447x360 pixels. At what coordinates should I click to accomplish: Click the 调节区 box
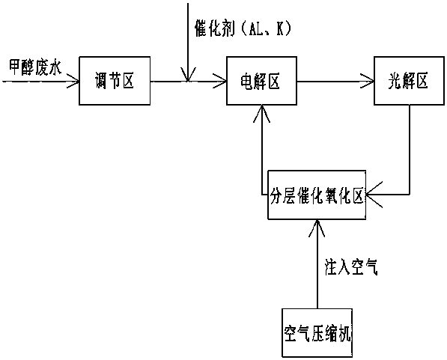tap(115, 81)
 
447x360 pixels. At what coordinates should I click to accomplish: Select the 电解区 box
tap(262, 81)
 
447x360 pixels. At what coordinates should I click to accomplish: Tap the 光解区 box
tap(409, 81)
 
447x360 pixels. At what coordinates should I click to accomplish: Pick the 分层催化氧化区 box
tap(317, 195)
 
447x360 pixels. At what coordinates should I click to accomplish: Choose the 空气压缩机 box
tap(317, 333)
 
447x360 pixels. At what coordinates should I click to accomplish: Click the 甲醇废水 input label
tap(34, 67)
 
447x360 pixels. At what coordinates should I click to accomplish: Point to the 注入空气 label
tap(351, 266)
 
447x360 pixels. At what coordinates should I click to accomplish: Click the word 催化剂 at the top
tap(215, 28)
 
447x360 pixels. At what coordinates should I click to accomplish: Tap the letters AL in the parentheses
tap(256, 28)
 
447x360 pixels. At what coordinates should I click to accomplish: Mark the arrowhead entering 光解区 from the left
tap(368, 82)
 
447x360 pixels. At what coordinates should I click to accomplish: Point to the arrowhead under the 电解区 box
tap(262, 114)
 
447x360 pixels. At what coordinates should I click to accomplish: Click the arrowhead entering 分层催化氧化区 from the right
tap(374, 195)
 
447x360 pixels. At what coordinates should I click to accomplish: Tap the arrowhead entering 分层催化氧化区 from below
tap(317, 228)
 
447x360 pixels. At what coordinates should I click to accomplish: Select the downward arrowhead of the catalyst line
tap(188, 75)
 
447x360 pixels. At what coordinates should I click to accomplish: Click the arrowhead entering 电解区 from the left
tap(220, 82)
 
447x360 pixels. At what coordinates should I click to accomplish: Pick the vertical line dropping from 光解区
tap(410, 150)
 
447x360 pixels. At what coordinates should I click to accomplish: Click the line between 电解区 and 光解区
tap(335, 82)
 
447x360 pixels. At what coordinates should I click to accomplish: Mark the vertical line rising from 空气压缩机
tap(317, 264)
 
